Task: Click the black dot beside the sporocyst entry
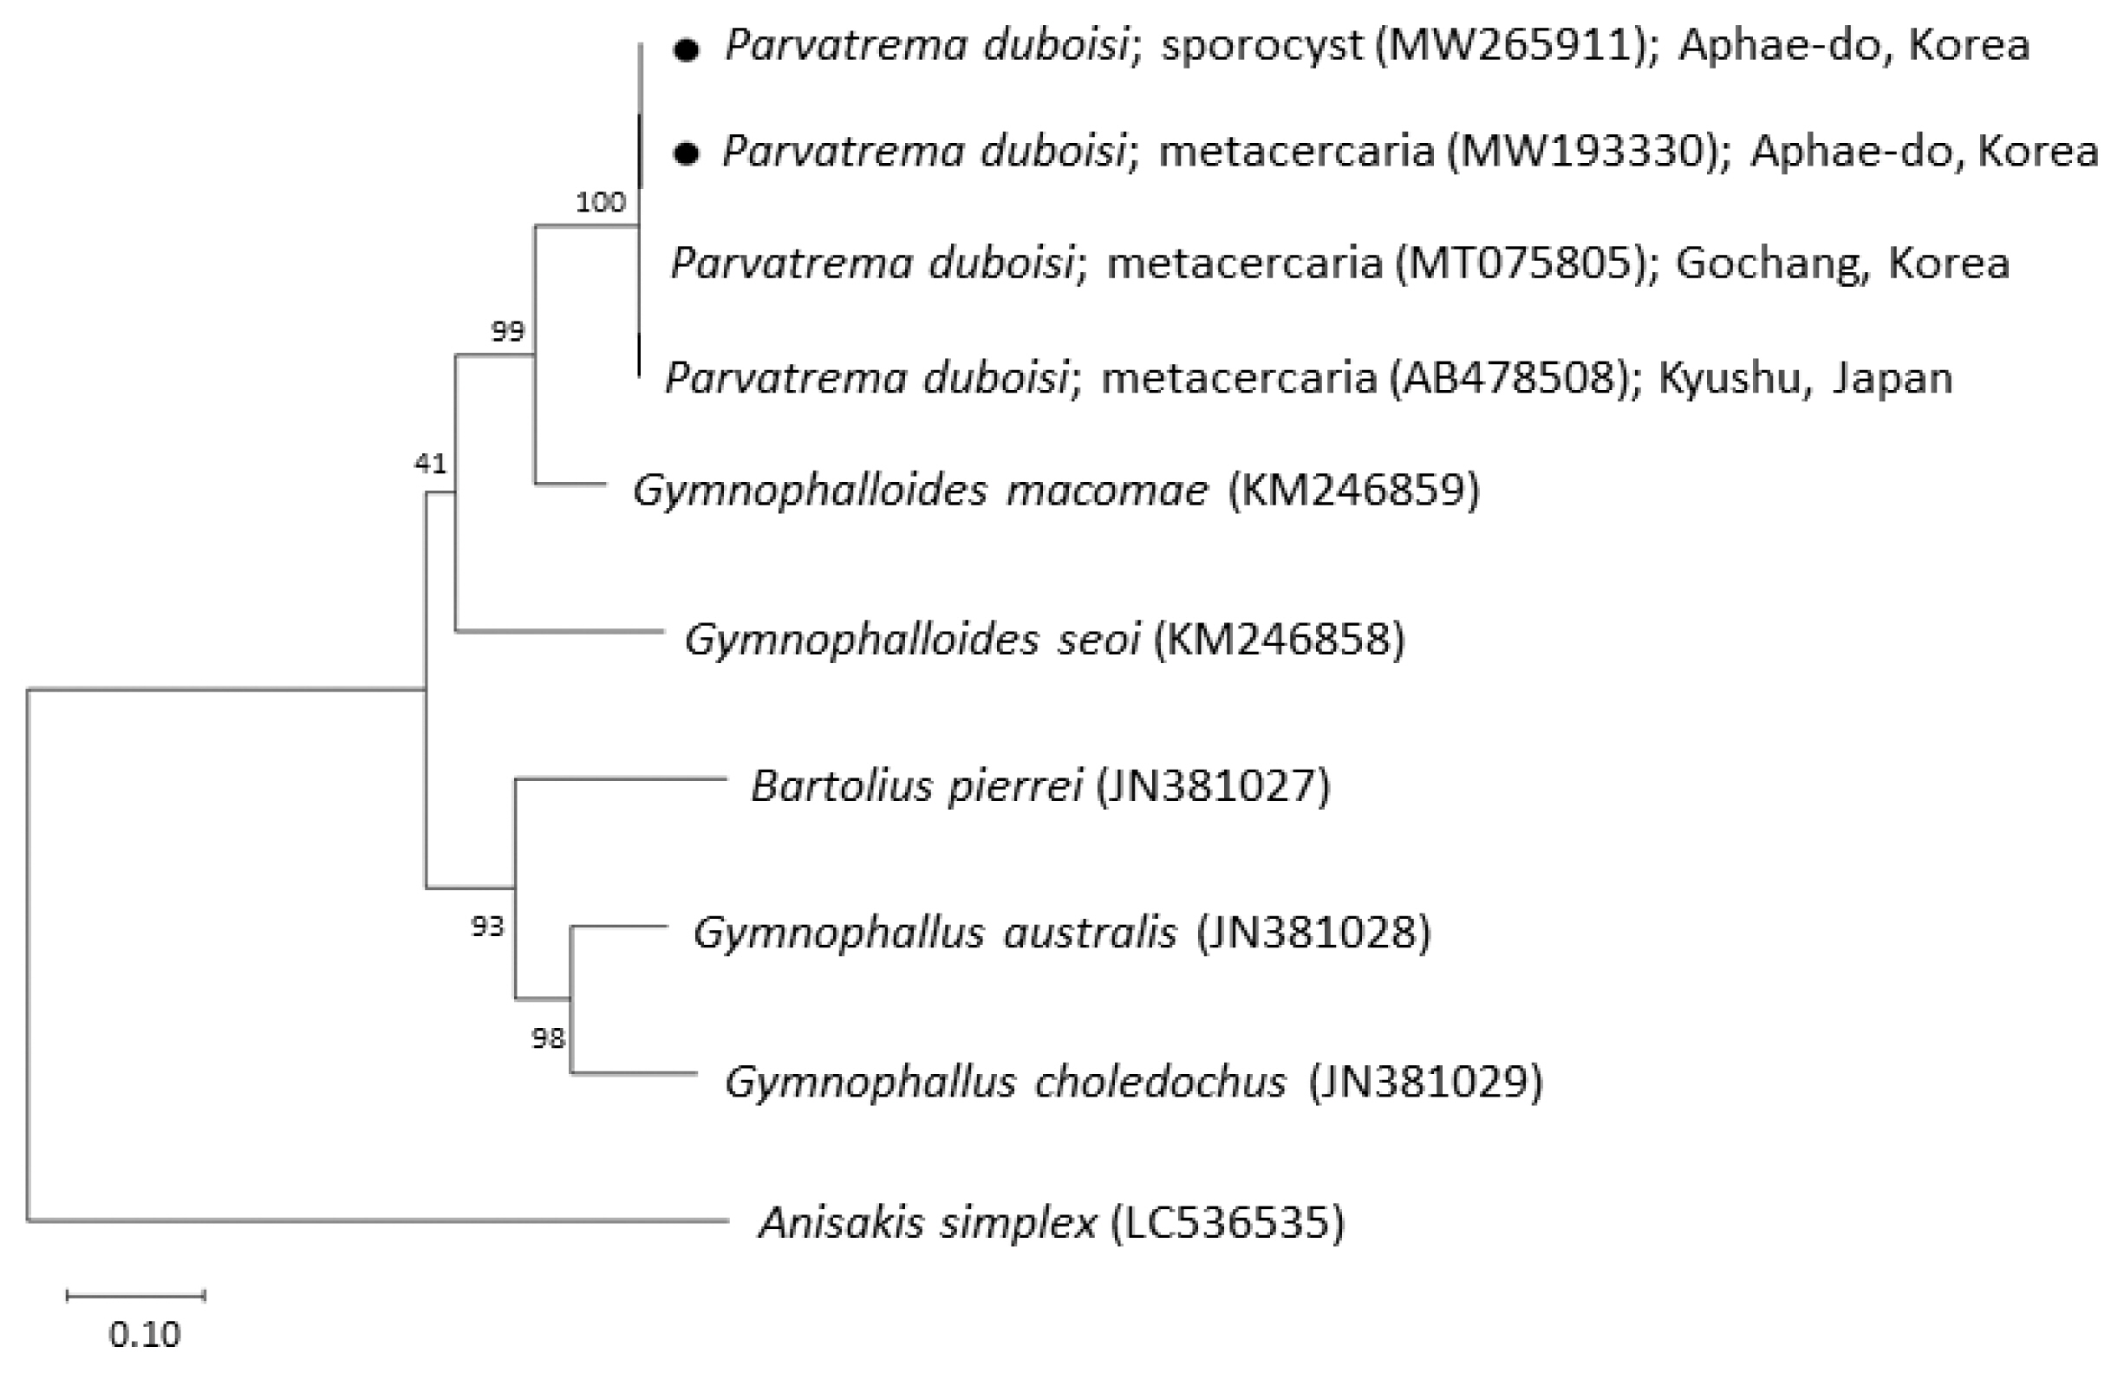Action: (x=686, y=51)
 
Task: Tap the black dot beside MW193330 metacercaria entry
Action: (x=686, y=154)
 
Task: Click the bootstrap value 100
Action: (x=600, y=204)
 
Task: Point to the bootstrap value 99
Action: (x=507, y=332)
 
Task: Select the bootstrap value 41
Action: (x=430, y=464)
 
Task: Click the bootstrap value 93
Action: (x=487, y=927)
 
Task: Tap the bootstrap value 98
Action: (x=548, y=1038)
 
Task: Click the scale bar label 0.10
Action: (x=145, y=1335)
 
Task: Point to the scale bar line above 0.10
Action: (x=135, y=1296)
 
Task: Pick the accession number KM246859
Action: (x=1353, y=490)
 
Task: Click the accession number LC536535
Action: (x=1227, y=1222)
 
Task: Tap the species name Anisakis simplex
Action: (x=928, y=1223)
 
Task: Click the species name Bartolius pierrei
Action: (x=916, y=786)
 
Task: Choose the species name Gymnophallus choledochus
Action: (x=1006, y=1083)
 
